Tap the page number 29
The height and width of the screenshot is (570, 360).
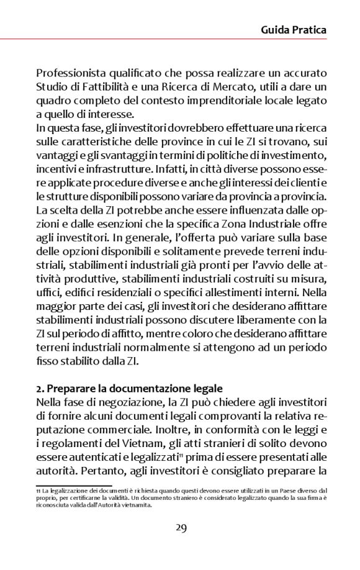coord(181,528)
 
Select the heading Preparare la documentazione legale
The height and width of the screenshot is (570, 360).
coord(122,388)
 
